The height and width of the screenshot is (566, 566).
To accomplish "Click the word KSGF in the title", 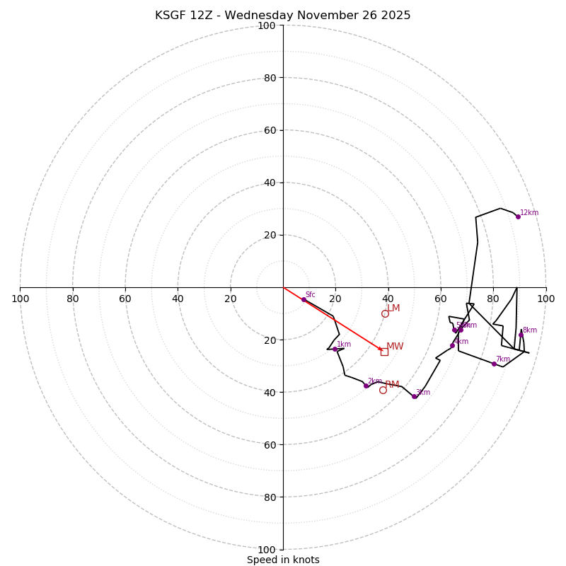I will coord(170,16).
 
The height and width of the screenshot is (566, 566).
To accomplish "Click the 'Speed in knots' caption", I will coord(283,560).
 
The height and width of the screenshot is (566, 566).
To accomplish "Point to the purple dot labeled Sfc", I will coord(304,300).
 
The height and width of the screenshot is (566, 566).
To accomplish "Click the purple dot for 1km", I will coord(335,349).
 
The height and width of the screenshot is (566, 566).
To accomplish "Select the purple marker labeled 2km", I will coord(366,386).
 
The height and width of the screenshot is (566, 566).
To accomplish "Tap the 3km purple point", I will coord(415,396).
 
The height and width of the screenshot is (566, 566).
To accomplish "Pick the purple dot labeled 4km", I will coord(452,345).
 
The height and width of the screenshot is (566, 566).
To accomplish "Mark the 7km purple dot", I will coord(494,364).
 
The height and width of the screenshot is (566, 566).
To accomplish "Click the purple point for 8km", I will coord(521,335).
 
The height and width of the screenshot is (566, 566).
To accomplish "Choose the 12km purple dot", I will coord(518,216).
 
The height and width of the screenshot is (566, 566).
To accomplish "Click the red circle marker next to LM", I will coord(385,313).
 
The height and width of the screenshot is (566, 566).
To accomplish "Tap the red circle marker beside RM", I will coord(383,390).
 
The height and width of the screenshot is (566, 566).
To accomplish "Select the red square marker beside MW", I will coord(384,352).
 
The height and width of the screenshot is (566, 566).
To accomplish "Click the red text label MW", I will coord(395,347).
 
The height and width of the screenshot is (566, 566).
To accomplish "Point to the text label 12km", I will coord(529,212).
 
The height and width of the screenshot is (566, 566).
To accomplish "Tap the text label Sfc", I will coord(311,294).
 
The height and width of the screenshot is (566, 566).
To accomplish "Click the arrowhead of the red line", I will coord(380,349).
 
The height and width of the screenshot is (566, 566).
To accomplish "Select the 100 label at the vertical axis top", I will coord(267,25).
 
